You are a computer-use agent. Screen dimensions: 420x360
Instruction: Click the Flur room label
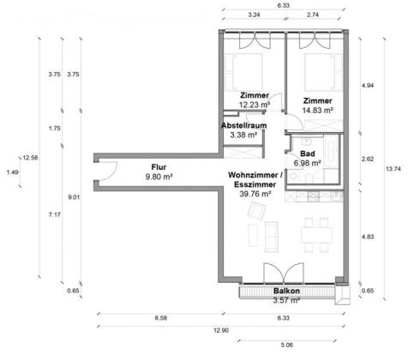(x=159, y=167)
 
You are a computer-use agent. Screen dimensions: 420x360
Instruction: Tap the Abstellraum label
(x=243, y=125)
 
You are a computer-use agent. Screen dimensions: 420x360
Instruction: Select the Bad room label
(x=308, y=153)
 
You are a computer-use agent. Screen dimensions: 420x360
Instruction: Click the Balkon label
(x=286, y=291)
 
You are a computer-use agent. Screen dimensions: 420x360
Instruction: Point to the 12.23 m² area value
(x=255, y=105)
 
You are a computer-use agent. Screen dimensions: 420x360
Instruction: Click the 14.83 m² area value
(x=317, y=111)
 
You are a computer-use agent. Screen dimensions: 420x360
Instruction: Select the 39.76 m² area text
(x=255, y=194)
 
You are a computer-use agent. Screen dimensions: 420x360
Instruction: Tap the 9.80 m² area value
(x=159, y=177)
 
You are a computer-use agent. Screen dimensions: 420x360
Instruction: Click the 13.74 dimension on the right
(x=393, y=169)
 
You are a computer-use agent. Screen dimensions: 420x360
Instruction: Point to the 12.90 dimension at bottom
(x=221, y=330)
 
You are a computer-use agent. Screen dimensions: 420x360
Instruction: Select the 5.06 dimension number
(x=286, y=345)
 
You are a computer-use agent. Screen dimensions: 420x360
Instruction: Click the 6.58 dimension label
(x=160, y=318)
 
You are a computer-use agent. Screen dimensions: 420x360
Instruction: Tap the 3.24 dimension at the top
(x=254, y=15)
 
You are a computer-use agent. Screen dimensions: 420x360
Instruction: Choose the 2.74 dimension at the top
(x=313, y=15)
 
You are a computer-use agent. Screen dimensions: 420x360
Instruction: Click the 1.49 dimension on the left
(x=12, y=172)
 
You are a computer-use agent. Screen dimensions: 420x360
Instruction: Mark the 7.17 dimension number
(x=54, y=214)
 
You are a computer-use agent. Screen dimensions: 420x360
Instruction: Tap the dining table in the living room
(x=316, y=235)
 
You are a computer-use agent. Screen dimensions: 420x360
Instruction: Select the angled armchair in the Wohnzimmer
(x=257, y=211)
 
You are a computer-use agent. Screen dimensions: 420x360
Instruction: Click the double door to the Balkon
(x=283, y=273)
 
